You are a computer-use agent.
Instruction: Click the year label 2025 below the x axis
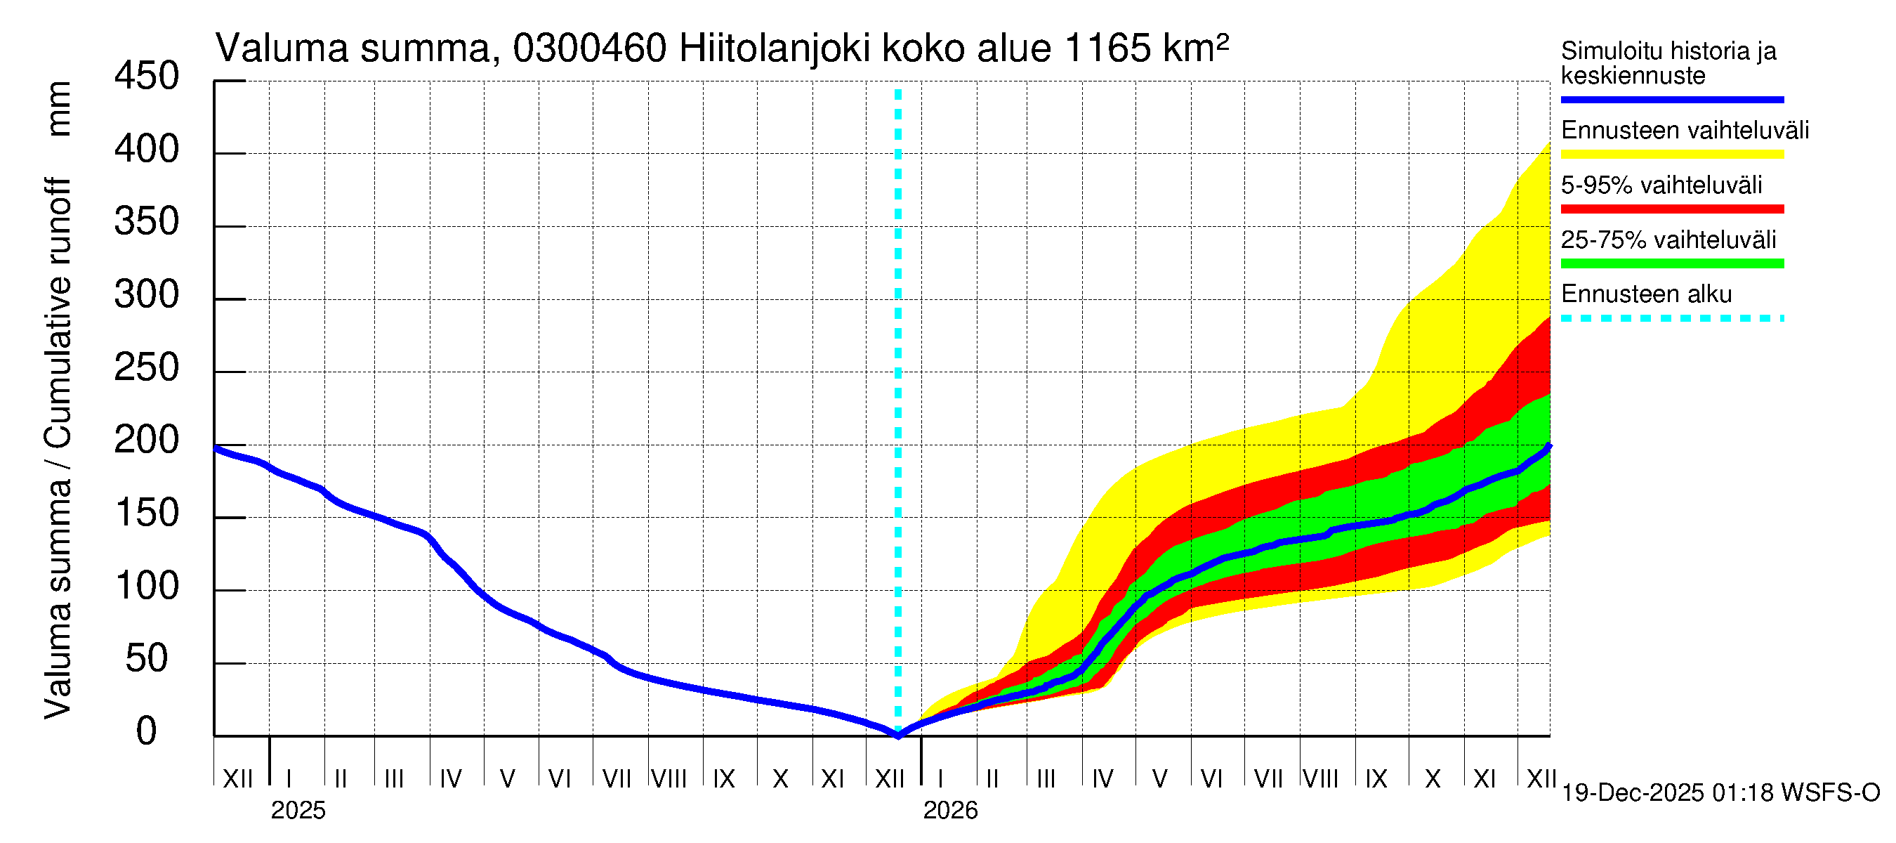(x=298, y=811)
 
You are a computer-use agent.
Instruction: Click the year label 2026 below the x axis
(x=950, y=811)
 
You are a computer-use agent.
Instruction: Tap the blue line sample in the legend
(x=1671, y=99)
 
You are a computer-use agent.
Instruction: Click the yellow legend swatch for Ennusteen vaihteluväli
(x=1671, y=155)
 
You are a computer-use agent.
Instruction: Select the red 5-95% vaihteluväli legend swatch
(x=1671, y=209)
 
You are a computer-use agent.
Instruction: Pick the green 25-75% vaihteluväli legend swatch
(x=1671, y=263)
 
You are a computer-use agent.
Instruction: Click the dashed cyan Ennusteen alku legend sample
(x=1671, y=319)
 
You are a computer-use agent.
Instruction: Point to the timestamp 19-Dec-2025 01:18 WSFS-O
(x=1720, y=793)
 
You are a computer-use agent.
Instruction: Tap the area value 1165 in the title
(x=1107, y=49)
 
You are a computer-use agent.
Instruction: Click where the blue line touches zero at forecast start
(x=898, y=735)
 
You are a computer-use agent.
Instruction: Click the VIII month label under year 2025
(x=669, y=779)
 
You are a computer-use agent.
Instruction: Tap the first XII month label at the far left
(x=237, y=779)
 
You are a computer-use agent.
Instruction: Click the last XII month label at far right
(x=1541, y=779)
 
